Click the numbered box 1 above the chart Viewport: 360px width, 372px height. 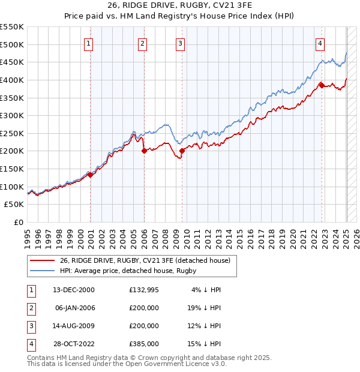pos(89,43)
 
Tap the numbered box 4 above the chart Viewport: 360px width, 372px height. pos(320,43)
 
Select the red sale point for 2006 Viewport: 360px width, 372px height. pos(144,151)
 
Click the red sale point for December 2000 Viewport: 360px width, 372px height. pos(91,175)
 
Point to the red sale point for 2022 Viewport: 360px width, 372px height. pos(322,85)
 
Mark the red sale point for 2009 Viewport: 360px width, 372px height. pos(182,151)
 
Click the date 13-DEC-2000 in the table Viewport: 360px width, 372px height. pos(74,290)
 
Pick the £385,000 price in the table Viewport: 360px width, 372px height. pos(144,344)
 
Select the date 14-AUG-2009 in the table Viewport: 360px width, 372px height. pos(74,326)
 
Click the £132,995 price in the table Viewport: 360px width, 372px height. pos(144,290)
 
